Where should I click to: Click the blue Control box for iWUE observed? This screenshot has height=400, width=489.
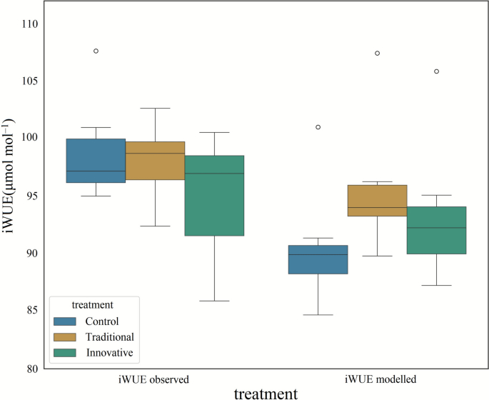96,161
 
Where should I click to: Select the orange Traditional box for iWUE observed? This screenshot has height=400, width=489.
155,161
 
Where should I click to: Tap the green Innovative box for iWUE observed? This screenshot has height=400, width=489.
214,195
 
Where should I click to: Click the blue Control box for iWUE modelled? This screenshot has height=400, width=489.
318,259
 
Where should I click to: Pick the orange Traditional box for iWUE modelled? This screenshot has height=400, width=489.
377,201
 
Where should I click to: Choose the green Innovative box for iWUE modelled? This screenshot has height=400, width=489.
436,230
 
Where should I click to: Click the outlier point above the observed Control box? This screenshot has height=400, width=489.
96,51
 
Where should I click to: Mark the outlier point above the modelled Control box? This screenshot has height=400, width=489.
318,127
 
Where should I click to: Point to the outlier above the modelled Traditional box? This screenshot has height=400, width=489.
377,53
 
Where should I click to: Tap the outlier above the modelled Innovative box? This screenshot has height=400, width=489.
436,71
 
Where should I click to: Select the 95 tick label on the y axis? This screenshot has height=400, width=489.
30,196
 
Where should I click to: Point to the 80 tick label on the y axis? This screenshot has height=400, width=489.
30,369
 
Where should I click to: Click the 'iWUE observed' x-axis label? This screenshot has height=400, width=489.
155,379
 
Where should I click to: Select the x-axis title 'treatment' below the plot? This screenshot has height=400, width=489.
266,393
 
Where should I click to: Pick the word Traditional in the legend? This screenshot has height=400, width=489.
109,337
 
